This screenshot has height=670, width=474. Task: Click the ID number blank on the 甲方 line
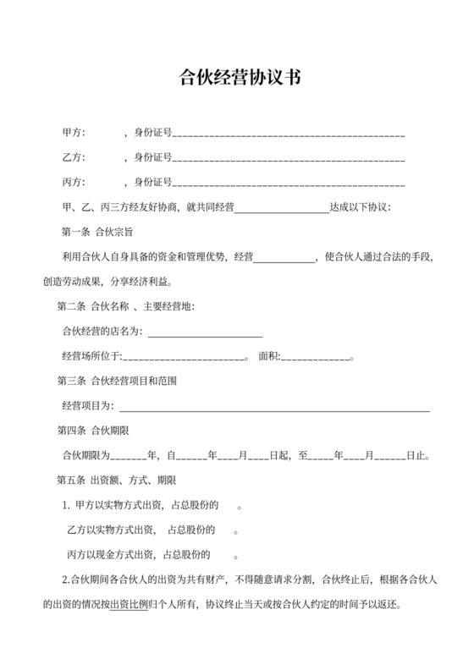pyautogui.click(x=288, y=135)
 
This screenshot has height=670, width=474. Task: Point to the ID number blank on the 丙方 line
pyautogui.click(x=288, y=184)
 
